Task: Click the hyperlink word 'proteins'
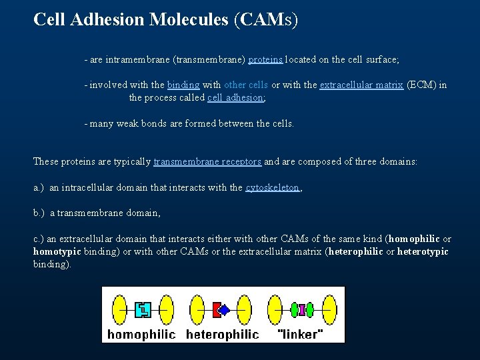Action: [266, 59]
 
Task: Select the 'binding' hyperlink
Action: [183, 85]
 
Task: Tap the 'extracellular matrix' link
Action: [361, 85]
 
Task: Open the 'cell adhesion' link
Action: [235, 97]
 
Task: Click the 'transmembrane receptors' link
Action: [207, 162]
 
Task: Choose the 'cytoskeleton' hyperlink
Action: [272, 187]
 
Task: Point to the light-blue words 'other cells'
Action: [246, 85]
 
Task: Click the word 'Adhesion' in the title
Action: [110, 19]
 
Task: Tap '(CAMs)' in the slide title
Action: [266, 19]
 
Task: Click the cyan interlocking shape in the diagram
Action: [143, 309]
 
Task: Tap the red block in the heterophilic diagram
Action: [216, 309]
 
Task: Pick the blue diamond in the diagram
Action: [225, 309]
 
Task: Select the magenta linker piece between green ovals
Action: [301, 309]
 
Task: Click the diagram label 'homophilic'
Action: [141, 333]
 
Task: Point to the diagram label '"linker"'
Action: [300, 333]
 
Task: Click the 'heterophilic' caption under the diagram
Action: [222, 333]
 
